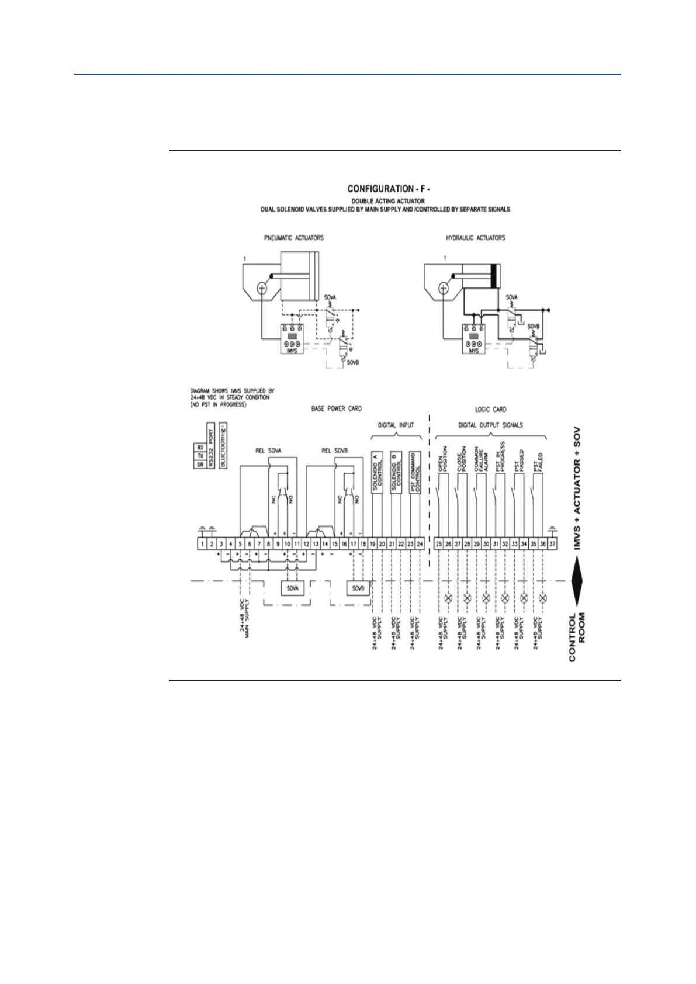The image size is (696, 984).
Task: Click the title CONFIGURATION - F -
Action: coord(385,189)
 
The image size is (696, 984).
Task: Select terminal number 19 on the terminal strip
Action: coord(372,544)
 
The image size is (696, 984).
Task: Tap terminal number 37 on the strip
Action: coord(552,544)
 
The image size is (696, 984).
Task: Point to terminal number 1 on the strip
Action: coord(202,544)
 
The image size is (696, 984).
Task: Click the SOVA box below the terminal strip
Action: coord(293,588)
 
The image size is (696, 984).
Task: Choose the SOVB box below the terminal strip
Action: coord(358,588)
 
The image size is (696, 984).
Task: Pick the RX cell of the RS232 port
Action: coord(200,448)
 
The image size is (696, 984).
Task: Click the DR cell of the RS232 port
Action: coord(200,465)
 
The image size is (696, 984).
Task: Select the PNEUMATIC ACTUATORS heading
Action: coord(293,238)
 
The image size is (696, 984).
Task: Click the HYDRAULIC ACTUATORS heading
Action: coord(475,238)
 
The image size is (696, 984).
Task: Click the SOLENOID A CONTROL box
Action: coord(377,474)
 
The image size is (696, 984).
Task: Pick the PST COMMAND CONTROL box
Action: coord(415,474)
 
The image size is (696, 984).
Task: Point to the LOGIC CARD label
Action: coord(490,410)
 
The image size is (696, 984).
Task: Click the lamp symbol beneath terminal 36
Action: coord(543,599)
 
